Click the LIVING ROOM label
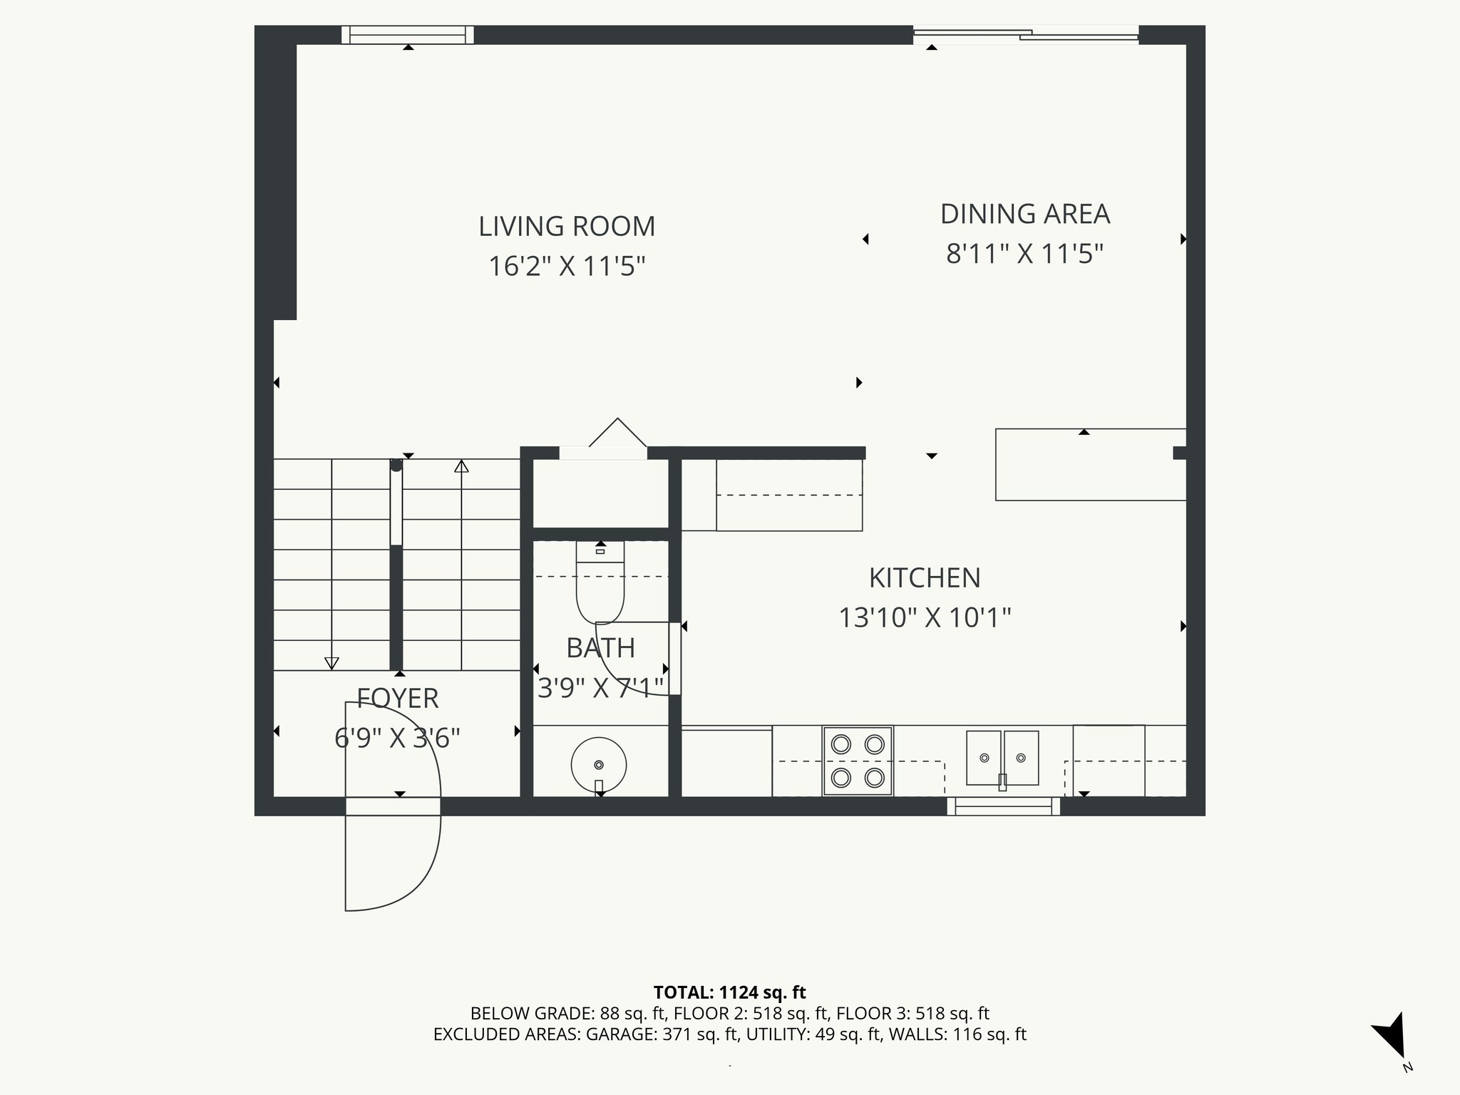(566, 227)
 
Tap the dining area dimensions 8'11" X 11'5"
(1024, 254)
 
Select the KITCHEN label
(924, 578)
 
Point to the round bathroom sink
(599, 764)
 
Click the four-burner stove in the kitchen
(858, 761)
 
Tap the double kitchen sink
(1002, 758)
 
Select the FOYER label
(397, 699)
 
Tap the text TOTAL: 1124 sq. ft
(729, 992)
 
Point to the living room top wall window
(407, 34)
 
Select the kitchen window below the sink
(1003, 806)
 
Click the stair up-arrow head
(461, 467)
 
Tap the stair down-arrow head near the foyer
(331, 663)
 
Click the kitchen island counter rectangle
(1090, 465)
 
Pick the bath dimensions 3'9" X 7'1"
(600, 689)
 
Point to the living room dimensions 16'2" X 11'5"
(566, 267)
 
